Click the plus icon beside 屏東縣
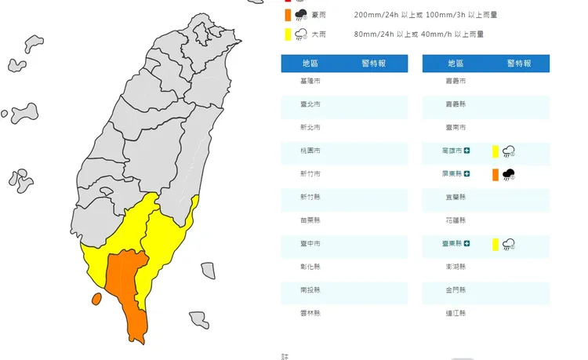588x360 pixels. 467,174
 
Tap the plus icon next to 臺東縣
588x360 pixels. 467,244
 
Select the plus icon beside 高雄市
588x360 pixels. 467,151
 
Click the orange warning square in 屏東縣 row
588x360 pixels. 495,174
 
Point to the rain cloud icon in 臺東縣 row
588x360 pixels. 509,245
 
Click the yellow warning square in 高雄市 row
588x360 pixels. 495,151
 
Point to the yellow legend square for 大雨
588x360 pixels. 289,34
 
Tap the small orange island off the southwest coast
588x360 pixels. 96,299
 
